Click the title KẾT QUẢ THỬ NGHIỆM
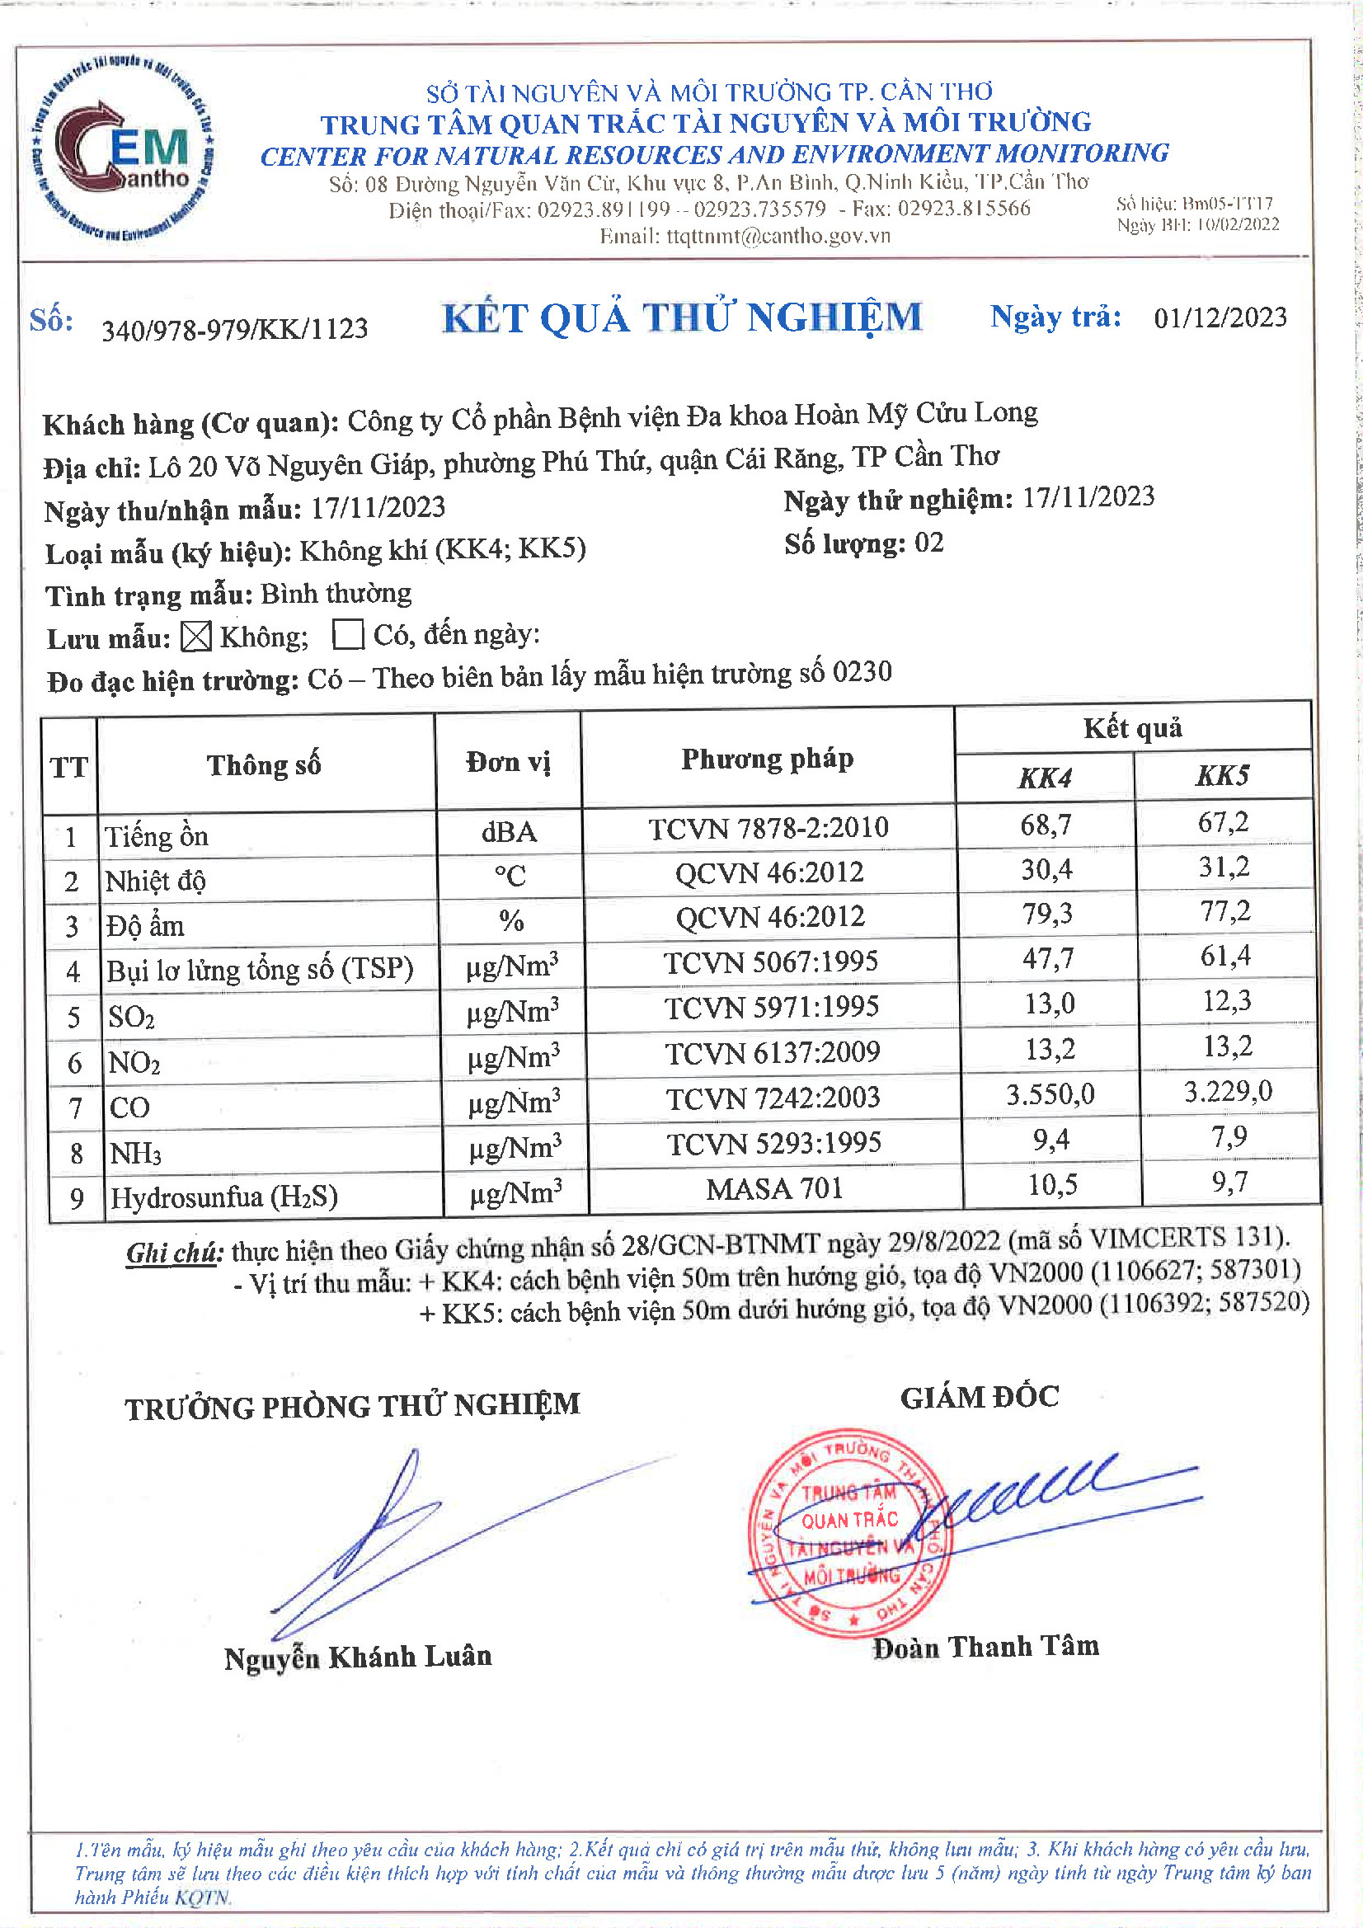pos(682,318)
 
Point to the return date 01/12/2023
pos(1220,317)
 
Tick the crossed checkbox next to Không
pos(195,637)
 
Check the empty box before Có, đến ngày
pos(348,635)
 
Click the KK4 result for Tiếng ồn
pos(1046,825)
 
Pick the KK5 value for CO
pos(1228,1092)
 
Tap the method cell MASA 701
pos(774,1189)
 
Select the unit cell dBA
pos(509,832)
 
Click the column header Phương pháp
pos(767,759)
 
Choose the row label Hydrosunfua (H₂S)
pos(224,1197)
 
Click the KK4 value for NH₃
pos(1050,1140)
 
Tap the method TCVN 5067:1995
pos(771,962)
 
